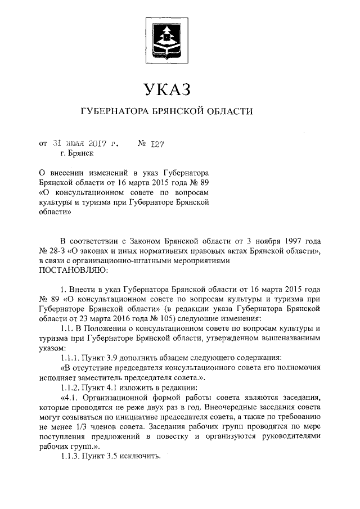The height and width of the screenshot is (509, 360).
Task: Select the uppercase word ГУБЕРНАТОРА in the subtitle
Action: point(112,112)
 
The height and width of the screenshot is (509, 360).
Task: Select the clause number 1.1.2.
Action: point(71,389)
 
